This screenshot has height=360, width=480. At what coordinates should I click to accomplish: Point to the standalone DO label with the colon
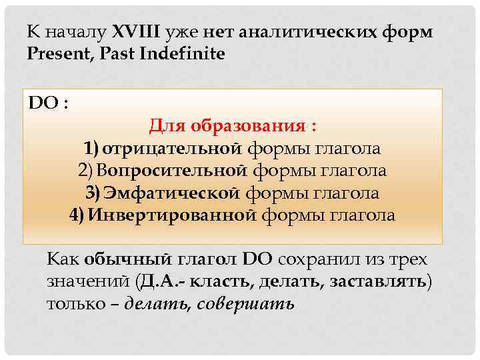47,104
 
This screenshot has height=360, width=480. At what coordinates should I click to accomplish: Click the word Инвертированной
172,215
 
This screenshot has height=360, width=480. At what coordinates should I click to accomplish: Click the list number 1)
91,148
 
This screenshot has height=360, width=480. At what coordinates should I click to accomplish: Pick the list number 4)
77,215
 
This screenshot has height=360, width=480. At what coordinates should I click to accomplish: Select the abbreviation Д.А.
157,281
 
